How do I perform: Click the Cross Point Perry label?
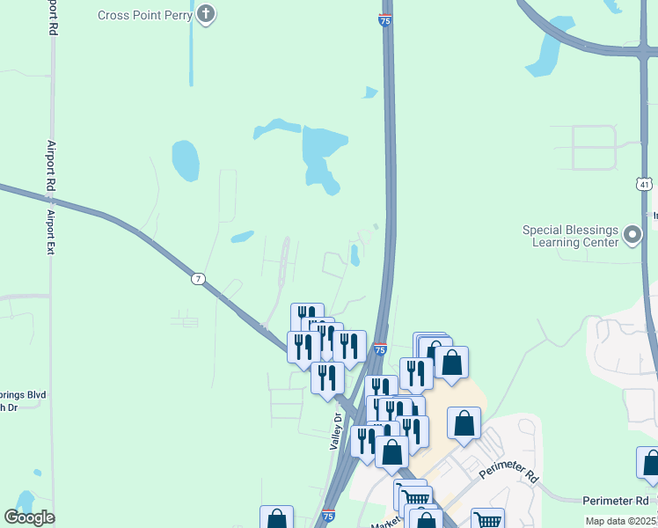(x=144, y=15)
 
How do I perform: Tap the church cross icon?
(x=206, y=14)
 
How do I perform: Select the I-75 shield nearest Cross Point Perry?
(x=385, y=20)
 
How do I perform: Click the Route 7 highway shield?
(x=200, y=279)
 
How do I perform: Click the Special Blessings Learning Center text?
(x=571, y=236)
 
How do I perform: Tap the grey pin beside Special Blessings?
(x=632, y=235)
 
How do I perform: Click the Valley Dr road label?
(x=335, y=432)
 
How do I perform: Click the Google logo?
(x=29, y=517)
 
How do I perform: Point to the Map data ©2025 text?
(x=620, y=521)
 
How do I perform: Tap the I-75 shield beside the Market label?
(x=328, y=515)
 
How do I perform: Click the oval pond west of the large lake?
(x=185, y=159)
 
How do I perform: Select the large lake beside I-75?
(x=322, y=154)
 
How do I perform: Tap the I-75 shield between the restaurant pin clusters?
(x=379, y=349)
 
